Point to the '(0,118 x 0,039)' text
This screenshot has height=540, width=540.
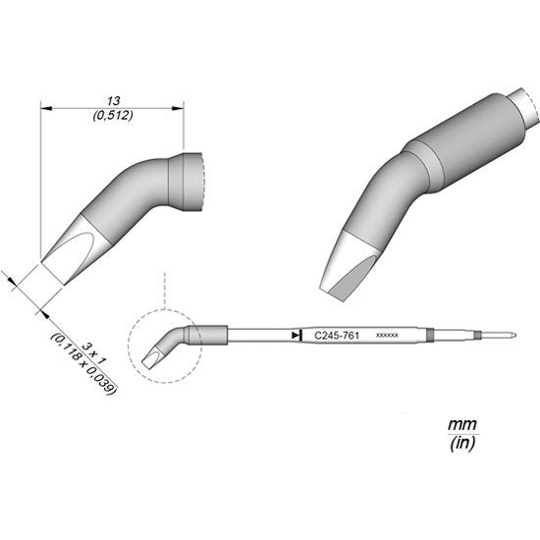tap(83, 361)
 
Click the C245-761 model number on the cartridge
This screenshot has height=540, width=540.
tap(336, 336)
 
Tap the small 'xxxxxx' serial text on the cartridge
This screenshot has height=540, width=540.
tap(386, 336)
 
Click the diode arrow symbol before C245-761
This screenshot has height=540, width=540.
tap(296, 336)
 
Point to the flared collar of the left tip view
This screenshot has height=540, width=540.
tap(188, 183)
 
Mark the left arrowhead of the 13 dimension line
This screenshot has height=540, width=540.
tap(44, 110)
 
